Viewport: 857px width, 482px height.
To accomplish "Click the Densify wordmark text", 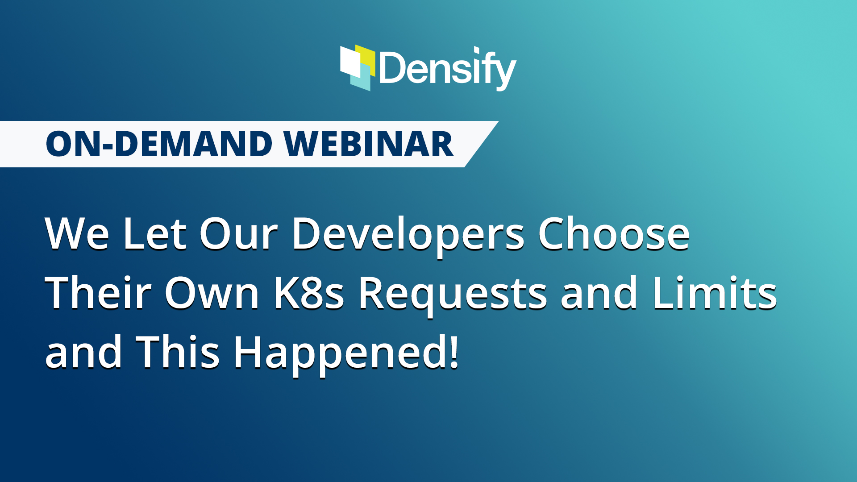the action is (448, 69).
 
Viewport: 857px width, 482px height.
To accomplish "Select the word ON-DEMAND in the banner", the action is (159, 144).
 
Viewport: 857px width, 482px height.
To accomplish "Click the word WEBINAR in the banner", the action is (369, 144).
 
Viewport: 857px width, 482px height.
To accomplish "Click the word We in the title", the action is (77, 233).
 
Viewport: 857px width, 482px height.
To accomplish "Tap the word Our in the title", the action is (238, 233).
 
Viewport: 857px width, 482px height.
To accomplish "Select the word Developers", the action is (408, 237).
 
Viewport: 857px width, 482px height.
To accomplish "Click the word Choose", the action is (614, 233).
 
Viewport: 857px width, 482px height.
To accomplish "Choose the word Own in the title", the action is (212, 292).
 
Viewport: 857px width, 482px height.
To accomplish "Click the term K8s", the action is (308, 292).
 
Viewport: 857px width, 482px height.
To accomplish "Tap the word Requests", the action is (453, 295).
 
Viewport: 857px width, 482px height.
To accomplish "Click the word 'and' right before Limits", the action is (599, 292).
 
